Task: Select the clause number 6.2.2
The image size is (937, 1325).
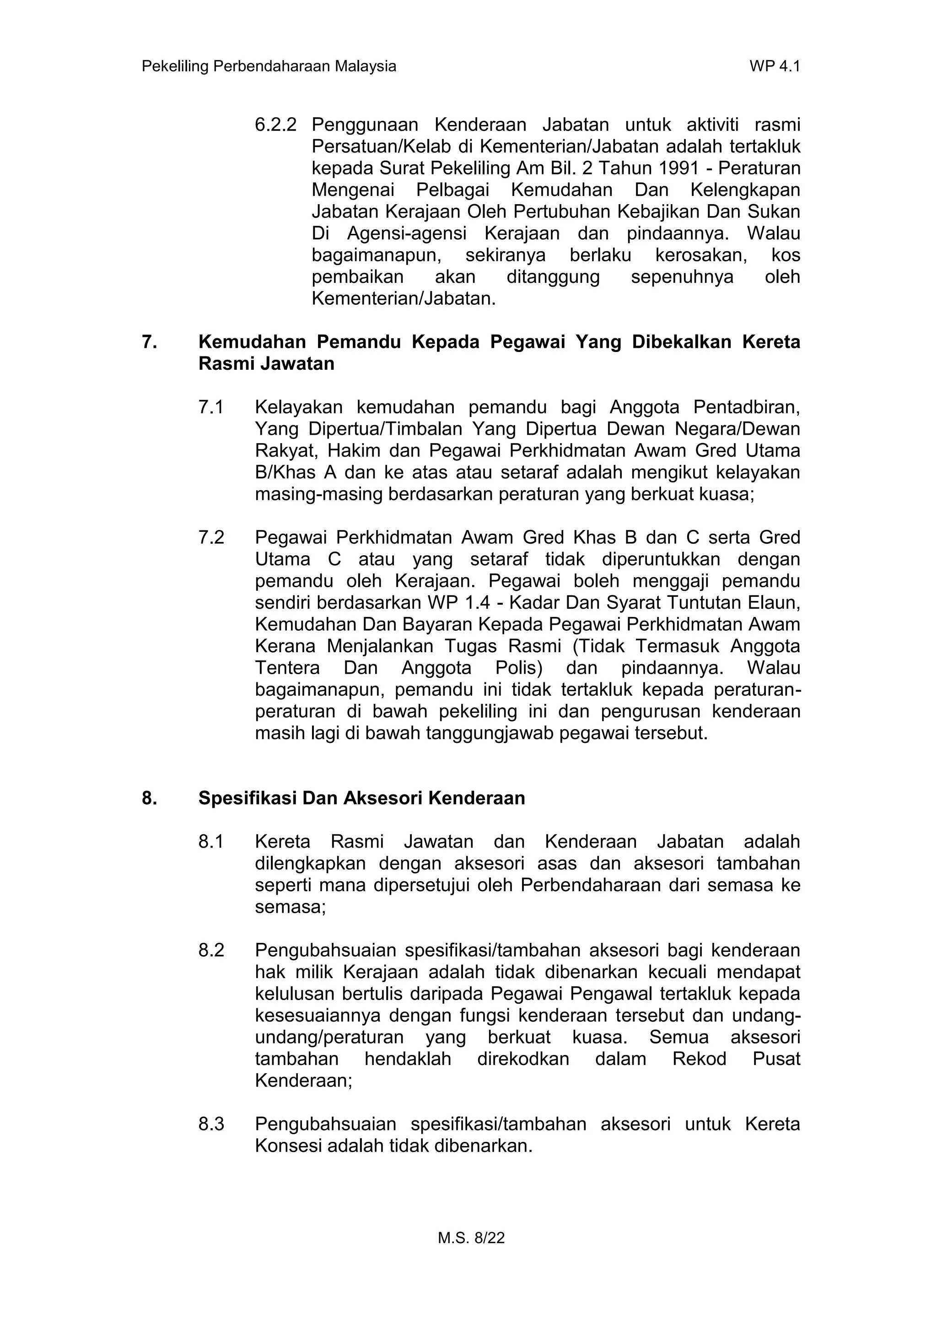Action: click(275, 124)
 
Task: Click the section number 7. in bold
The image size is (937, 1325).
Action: click(149, 342)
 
